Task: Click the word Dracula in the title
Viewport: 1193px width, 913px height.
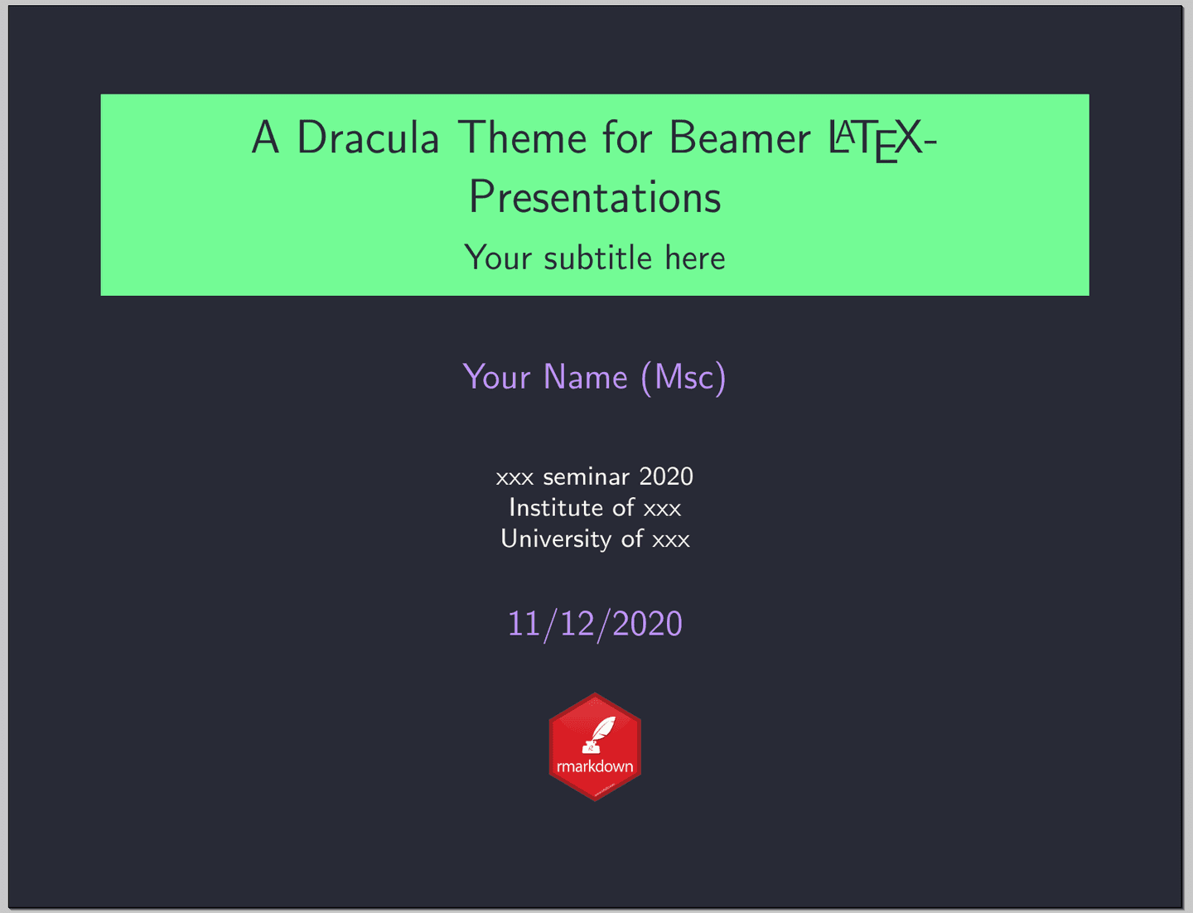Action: pyautogui.click(x=368, y=138)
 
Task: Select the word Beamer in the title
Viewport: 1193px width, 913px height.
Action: pyautogui.click(x=740, y=138)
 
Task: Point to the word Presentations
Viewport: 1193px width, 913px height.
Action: pyautogui.click(x=595, y=197)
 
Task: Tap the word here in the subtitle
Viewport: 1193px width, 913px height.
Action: pyautogui.click(x=694, y=258)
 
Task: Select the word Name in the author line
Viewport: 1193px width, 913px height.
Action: pyautogui.click(x=586, y=377)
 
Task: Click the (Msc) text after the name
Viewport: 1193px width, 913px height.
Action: pyautogui.click(x=683, y=377)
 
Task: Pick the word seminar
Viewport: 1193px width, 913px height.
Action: pyautogui.click(x=587, y=476)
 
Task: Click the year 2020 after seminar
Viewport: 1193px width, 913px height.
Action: pyautogui.click(x=666, y=476)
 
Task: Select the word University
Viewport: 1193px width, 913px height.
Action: pyautogui.click(x=556, y=539)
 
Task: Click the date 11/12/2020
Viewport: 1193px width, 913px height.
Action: pyautogui.click(x=595, y=624)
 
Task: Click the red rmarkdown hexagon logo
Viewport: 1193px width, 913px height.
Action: pyautogui.click(x=595, y=746)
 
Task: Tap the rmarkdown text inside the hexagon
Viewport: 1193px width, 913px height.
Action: pyautogui.click(x=595, y=766)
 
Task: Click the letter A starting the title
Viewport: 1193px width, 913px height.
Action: pyautogui.click(x=265, y=138)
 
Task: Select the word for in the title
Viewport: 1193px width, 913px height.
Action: pyautogui.click(x=627, y=138)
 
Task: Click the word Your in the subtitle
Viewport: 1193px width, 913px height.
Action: pyautogui.click(x=498, y=258)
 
